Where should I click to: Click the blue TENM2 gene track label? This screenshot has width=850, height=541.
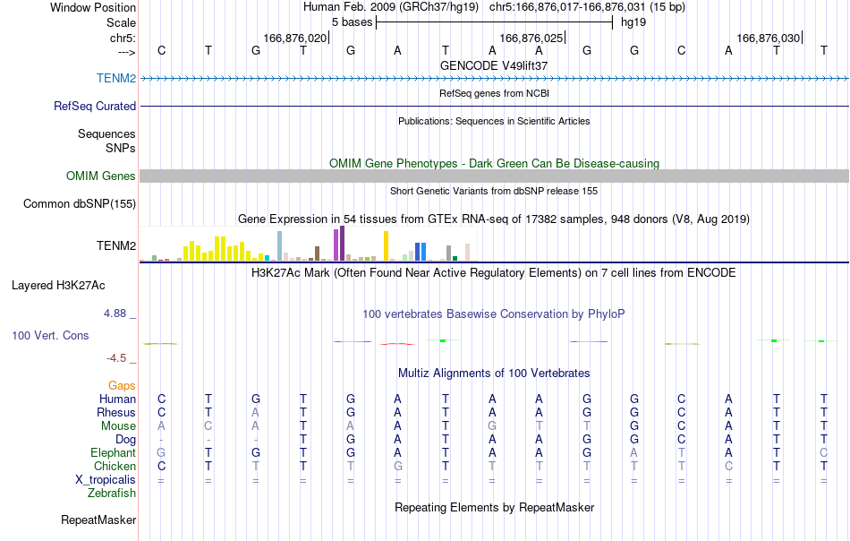click(116, 78)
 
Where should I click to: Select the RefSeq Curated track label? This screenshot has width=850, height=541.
click(95, 106)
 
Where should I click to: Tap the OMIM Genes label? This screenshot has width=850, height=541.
click(101, 176)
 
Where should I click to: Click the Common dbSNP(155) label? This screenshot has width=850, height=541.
click(80, 203)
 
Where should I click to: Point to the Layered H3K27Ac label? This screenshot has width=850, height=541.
click(58, 286)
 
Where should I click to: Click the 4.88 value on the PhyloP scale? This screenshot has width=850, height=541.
click(115, 313)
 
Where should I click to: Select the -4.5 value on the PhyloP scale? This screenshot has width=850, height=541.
click(116, 357)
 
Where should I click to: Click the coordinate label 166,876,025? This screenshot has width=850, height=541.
click(531, 38)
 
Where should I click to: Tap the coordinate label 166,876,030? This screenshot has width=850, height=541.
click(769, 38)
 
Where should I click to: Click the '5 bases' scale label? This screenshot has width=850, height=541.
click(353, 22)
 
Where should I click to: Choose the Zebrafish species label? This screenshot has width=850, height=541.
click(112, 493)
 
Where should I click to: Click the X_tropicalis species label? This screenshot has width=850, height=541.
click(106, 480)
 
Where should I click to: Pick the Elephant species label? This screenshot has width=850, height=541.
click(114, 452)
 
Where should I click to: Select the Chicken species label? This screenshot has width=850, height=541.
click(115, 466)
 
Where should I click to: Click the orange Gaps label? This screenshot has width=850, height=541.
click(122, 385)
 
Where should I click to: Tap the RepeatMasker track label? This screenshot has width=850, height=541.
click(98, 520)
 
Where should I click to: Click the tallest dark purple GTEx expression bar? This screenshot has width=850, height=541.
click(342, 244)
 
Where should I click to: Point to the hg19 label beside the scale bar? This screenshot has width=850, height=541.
click(633, 22)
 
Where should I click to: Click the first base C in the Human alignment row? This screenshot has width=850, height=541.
click(161, 399)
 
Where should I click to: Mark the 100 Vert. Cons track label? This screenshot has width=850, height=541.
click(50, 335)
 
